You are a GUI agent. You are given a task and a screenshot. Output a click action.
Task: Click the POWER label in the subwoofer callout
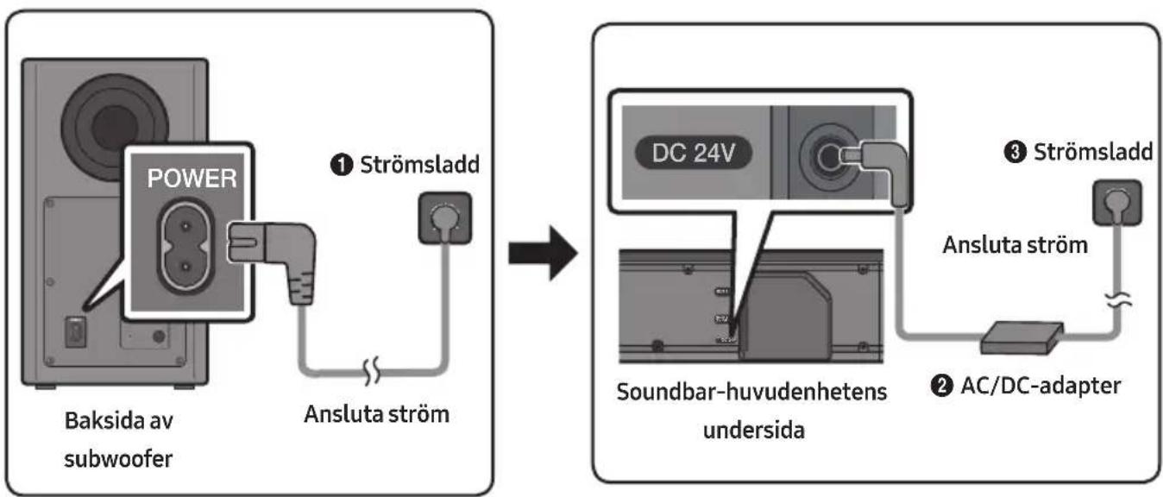point(192,178)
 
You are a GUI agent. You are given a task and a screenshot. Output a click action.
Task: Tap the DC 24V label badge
point(694,153)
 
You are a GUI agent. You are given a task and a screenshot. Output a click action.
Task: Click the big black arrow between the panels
point(543,254)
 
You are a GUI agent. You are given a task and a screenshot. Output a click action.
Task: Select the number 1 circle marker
point(341,165)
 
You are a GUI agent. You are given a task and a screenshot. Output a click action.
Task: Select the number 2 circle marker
point(941,386)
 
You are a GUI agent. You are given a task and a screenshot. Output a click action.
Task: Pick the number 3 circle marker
point(1015,152)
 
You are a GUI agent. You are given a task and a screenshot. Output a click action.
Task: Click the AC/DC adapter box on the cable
point(1022,337)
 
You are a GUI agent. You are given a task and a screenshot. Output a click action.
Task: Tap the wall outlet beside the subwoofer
point(445,217)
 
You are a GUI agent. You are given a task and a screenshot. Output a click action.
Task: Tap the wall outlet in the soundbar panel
point(1117,203)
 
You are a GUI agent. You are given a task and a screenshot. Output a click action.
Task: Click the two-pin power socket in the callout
point(185,246)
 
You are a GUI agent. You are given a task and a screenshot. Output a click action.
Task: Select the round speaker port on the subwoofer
point(115,128)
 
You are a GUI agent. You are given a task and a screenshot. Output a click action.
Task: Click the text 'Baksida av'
point(119,421)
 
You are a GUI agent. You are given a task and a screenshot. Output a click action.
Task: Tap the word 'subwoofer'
point(118,459)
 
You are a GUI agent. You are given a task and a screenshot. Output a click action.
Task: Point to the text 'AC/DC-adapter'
point(1040,386)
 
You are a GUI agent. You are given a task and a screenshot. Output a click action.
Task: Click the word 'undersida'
point(754,431)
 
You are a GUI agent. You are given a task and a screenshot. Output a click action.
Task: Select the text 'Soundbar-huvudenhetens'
point(751,392)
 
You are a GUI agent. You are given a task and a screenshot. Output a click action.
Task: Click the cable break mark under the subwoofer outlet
point(372,371)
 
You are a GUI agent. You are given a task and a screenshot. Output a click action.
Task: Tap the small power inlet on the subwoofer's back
point(75,332)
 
